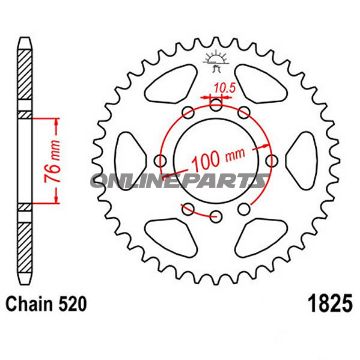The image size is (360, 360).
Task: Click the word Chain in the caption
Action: [31, 327]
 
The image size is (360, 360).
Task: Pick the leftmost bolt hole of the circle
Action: [161, 158]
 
